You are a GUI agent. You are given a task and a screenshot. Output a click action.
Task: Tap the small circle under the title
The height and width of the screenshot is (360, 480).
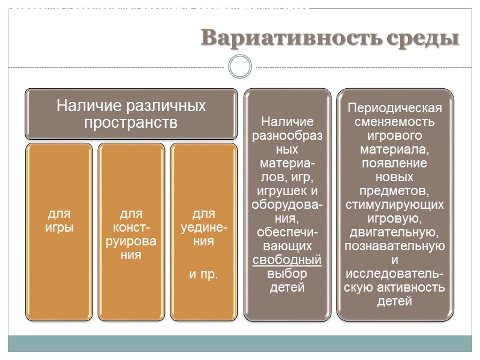(240, 66)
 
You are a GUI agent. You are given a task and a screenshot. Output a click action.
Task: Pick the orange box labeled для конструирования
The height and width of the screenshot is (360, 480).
(131, 231)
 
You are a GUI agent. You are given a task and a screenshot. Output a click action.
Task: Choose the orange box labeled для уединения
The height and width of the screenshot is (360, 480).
(203, 231)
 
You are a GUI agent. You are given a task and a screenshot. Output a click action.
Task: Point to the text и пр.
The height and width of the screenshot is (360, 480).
(203, 274)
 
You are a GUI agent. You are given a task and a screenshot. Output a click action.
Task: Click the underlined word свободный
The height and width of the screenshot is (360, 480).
(287, 260)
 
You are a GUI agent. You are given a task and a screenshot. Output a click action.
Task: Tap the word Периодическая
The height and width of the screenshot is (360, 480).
(395, 109)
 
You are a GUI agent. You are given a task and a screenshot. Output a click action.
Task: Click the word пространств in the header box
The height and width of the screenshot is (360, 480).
(130, 123)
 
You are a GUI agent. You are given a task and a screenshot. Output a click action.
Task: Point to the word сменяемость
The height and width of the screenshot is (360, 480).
(395, 122)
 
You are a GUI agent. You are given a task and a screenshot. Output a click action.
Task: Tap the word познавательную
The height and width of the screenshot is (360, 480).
(395, 246)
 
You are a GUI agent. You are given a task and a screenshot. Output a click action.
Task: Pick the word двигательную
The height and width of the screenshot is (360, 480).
(395, 232)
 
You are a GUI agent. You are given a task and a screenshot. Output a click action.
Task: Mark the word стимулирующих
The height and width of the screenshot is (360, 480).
(395, 205)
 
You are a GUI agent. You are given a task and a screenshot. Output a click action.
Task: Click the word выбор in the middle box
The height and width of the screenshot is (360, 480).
(287, 274)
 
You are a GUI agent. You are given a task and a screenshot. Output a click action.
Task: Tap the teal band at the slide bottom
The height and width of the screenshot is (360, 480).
(240, 343)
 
